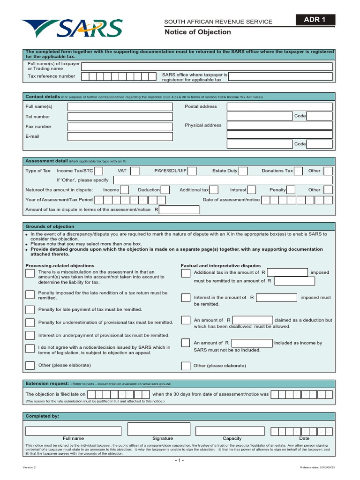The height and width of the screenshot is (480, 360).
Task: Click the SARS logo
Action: tap(71, 29)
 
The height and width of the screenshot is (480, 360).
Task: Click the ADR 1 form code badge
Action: tap(315, 20)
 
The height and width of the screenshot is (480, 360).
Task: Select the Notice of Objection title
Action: tap(197, 32)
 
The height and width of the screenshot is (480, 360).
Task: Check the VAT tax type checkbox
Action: tap(135, 171)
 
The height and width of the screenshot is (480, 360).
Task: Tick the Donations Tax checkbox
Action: tap(298, 171)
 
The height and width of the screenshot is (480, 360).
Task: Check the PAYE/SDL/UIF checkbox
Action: tap(192, 171)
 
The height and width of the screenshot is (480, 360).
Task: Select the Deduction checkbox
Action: tap(165, 190)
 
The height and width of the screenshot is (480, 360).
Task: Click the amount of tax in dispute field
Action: tap(179, 210)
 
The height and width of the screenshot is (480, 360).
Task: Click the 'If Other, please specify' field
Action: tap(223, 180)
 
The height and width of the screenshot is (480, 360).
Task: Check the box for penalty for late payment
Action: tap(30, 310)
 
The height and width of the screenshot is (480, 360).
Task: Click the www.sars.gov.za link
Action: tap(157, 383)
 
